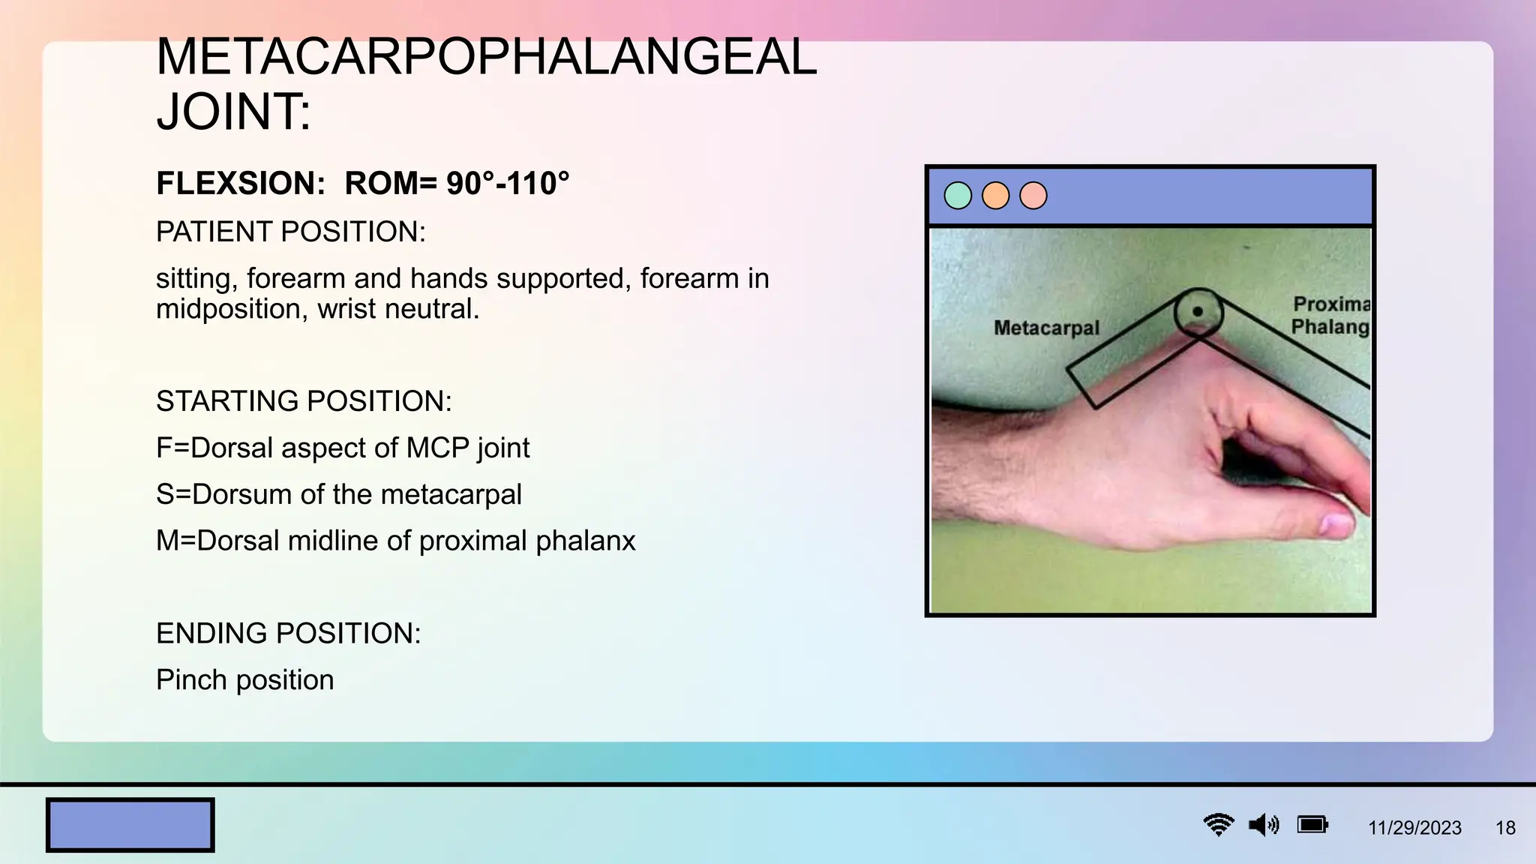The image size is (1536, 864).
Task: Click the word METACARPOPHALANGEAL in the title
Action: [x=486, y=57]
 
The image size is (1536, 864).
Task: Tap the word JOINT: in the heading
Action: [x=233, y=112]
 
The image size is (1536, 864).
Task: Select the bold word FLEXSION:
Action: [x=241, y=184]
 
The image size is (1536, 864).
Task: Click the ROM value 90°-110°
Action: [x=508, y=184]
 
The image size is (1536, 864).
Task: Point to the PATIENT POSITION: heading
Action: [x=290, y=232]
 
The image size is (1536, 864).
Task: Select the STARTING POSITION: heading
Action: [x=304, y=401]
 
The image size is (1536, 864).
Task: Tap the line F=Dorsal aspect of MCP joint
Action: [x=342, y=448]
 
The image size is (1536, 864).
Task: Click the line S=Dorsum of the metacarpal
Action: [x=338, y=494]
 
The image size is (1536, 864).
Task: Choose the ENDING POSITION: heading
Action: [x=288, y=634]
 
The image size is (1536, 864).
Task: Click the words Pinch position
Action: [x=244, y=680]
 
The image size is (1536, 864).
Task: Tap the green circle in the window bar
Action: [x=958, y=196]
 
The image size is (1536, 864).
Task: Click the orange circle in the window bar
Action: [x=995, y=196]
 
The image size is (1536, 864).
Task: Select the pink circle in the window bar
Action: [x=1033, y=196]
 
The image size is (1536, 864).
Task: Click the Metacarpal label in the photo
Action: [x=1046, y=328]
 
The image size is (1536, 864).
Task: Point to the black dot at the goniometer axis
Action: [x=1198, y=311]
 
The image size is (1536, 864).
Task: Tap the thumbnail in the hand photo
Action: [x=1337, y=523]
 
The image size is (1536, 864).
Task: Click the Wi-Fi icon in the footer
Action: [x=1219, y=825]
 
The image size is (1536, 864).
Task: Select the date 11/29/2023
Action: [x=1414, y=828]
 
